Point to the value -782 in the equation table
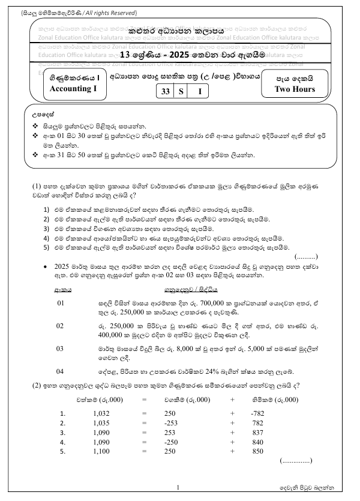point(257,413)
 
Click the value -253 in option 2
point(172,422)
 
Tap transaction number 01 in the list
point(60,303)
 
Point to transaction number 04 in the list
point(60,371)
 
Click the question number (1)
point(36,185)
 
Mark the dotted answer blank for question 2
point(296,461)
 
